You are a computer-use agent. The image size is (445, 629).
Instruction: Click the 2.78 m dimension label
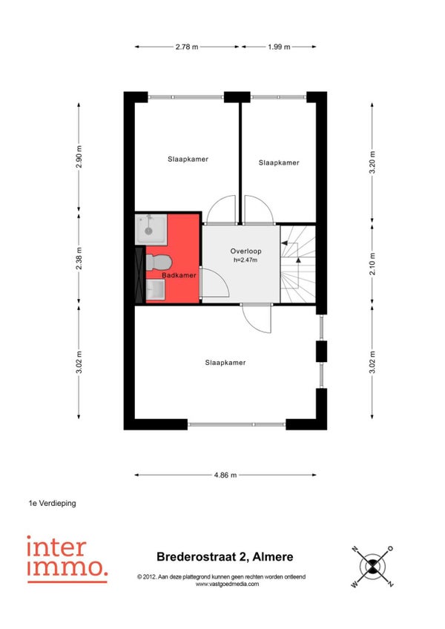[187, 47]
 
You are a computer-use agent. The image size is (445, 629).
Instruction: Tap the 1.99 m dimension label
[279, 47]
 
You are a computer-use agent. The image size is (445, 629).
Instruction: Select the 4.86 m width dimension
[225, 475]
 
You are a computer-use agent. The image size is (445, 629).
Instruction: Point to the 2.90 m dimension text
[79, 157]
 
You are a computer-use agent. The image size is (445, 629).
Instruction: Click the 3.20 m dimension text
[372, 162]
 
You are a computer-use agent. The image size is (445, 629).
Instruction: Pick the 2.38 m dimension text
[79, 258]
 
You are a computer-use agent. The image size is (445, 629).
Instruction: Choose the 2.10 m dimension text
[372, 263]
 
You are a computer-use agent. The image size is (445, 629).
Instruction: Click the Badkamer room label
[179, 275]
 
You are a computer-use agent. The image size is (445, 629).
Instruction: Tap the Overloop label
[245, 251]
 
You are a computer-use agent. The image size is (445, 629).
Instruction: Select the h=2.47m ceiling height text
[245, 260]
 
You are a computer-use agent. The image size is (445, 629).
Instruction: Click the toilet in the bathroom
[159, 263]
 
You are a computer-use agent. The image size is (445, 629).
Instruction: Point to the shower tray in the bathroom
[151, 229]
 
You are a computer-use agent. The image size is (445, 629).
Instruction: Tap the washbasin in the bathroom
[155, 289]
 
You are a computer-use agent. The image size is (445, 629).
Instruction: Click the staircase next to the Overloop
[297, 264]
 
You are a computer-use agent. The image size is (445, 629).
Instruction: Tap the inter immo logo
[67, 559]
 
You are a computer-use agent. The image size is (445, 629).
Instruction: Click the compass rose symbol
[372, 567]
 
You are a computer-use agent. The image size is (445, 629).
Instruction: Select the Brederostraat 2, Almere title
[225, 557]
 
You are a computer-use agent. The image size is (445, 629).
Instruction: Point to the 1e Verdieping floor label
[52, 503]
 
